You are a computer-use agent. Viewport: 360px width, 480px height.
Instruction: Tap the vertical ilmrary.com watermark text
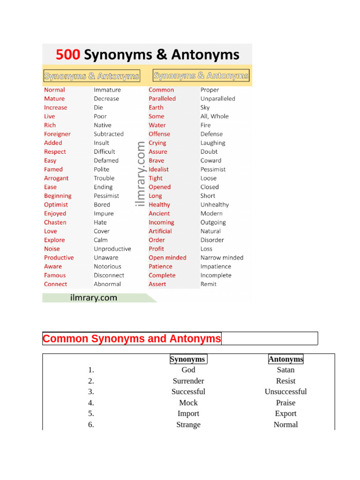(x=141, y=174)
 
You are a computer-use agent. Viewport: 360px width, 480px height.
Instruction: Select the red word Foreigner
(x=57, y=134)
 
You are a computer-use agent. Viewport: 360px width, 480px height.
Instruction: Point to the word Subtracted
(x=109, y=134)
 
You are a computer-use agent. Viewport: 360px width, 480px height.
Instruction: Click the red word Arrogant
(x=56, y=178)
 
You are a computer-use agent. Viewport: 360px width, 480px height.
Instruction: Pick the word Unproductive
(x=112, y=249)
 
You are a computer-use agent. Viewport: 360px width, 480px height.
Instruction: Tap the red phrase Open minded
(x=167, y=258)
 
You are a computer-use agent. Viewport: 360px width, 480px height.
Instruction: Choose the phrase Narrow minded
(x=222, y=258)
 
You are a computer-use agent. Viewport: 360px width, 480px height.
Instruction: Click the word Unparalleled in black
(x=218, y=99)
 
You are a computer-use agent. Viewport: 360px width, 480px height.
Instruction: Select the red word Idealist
(x=158, y=169)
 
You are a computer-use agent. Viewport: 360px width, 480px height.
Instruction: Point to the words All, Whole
(x=215, y=116)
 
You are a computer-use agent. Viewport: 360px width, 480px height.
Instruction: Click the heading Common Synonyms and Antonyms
(x=132, y=338)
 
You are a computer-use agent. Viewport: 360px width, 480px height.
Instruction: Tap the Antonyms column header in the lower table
(x=285, y=360)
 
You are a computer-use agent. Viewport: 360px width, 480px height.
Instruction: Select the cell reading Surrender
(x=188, y=381)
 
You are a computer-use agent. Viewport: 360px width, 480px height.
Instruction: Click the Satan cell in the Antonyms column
(x=285, y=370)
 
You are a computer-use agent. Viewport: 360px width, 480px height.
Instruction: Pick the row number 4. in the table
(x=91, y=403)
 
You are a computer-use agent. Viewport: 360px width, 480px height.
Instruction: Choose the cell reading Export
(x=285, y=413)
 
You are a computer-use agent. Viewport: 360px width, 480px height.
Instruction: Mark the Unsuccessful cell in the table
(x=285, y=392)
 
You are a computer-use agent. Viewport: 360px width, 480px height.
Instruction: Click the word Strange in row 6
(x=188, y=425)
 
